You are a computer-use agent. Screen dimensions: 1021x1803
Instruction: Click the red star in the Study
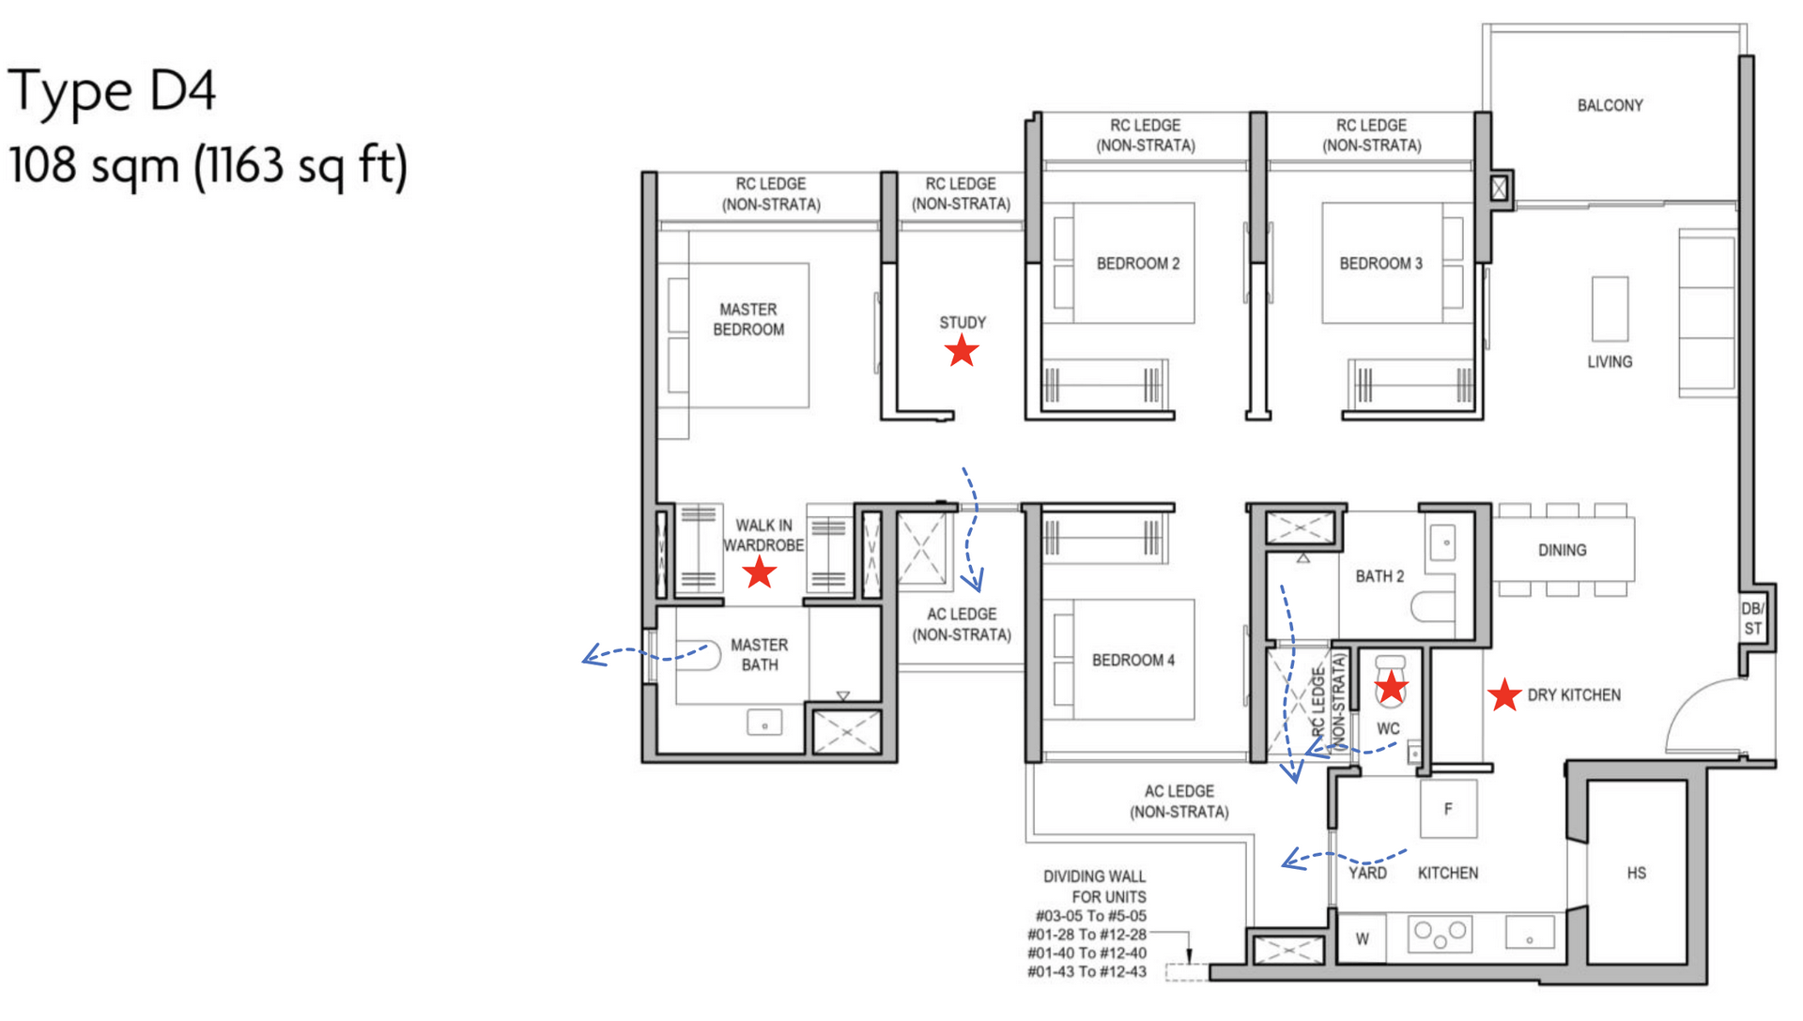(962, 352)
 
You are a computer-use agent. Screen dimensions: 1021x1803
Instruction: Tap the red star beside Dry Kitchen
(1504, 695)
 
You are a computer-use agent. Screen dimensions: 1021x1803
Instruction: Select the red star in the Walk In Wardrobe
(759, 572)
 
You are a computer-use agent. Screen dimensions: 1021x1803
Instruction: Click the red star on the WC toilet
(1391, 688)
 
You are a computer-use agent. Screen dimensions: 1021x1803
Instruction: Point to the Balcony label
(1610, 105)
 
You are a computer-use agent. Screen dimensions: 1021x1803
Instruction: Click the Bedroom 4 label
(1133, 661)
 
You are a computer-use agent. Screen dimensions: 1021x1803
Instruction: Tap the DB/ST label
(1752, 618)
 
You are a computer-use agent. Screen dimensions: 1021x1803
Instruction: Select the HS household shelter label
(1636, 873)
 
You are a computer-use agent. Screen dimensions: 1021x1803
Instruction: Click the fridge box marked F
(1448, 809)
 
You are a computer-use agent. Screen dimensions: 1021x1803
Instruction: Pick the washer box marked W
(1362, 938)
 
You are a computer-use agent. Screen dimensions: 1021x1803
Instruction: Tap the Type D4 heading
(112, 92)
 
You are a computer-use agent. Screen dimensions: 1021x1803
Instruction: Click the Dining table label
(1562, 550)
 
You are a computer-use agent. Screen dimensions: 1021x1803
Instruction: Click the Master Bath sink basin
(764, 724)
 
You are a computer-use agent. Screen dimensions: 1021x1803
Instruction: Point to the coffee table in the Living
(1610, 309)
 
